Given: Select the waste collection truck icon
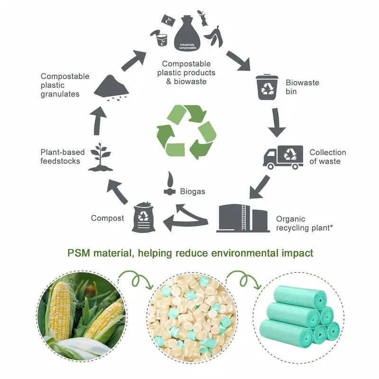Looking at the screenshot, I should click(x=283, y=157).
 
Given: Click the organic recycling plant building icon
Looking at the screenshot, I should click(x=242, y=217).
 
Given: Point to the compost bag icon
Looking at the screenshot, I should click(x=144, y=217).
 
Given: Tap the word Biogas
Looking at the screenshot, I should click(x=192, y=192).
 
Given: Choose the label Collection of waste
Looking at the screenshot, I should click(x=327, y=157).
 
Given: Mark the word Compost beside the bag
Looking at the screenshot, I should click(x=108, y=218).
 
